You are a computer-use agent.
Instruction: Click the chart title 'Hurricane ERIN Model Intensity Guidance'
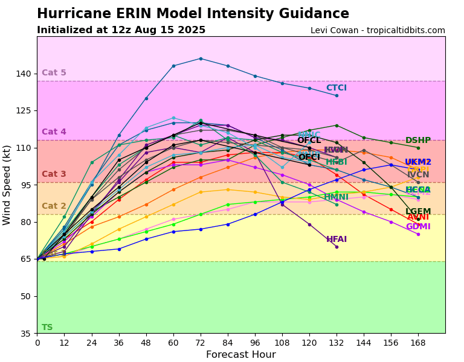[193, 14]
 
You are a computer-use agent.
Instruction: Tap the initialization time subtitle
[121, 30]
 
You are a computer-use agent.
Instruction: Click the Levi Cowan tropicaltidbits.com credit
[378, 31]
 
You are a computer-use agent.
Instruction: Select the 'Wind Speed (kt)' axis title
[7, 185]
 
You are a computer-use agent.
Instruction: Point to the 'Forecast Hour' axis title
[240, 355]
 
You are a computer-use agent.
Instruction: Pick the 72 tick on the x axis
[201, 343]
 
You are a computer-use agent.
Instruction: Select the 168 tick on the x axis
[418, 343]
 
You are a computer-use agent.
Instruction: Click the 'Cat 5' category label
[54, 73]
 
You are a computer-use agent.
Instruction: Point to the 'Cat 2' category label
[54, 206]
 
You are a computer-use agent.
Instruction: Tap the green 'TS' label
[47, 328]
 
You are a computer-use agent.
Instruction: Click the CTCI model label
[337, 88]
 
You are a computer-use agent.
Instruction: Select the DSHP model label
[418, 141]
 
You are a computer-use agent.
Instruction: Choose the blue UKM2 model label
[418, 162]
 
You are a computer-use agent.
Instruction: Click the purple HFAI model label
[337, 240]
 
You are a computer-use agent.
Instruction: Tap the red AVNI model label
[418, 217]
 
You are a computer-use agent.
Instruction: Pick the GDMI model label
[418, 227]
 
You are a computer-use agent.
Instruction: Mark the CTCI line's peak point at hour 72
[201, 59]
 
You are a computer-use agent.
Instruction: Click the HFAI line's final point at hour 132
[337, 247]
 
